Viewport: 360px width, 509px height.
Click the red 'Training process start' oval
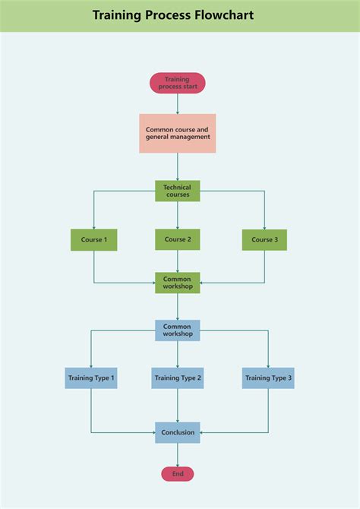178,83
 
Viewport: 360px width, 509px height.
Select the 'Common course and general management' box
178,134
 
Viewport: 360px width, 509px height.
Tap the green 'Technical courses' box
178,191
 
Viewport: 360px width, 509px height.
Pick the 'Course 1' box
94,240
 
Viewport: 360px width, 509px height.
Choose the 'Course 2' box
178,239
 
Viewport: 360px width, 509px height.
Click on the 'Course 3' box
265,240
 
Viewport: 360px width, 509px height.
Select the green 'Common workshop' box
178,283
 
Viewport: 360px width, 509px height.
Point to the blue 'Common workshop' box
178,330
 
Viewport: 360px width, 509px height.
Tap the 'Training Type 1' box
91,378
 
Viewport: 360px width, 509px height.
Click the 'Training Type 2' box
178,378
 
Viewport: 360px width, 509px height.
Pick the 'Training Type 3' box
268,378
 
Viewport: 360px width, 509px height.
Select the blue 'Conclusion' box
178,432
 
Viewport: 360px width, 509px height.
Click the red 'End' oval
178,474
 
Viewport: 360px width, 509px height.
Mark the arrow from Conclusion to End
178,454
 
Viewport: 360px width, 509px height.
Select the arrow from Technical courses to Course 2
178,215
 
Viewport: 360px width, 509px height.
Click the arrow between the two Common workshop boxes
178,306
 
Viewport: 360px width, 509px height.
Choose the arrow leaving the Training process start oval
178,104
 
